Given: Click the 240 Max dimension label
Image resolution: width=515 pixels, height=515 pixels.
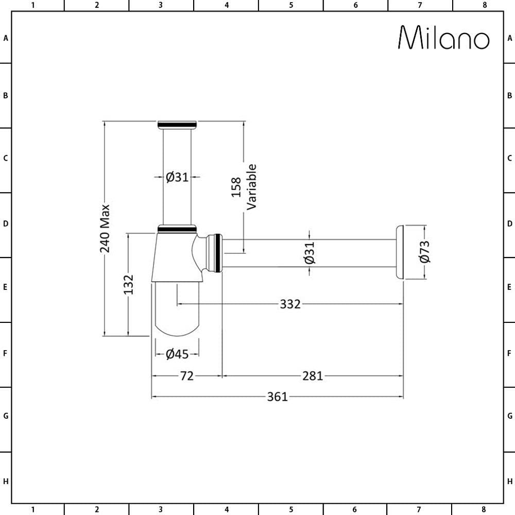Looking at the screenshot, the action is (x=105, y=228).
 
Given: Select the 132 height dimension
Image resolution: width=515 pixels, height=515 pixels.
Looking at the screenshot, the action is (x=128, y=284).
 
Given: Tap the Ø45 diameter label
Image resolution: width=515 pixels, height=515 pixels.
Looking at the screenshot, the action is (x=177, y=354).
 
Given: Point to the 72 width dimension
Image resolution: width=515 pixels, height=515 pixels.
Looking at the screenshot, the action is (x=187, y=376).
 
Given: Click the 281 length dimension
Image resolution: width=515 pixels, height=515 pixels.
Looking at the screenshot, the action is (x=313, y=376).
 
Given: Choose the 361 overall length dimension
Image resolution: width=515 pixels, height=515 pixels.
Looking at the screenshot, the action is (x=277, y=397).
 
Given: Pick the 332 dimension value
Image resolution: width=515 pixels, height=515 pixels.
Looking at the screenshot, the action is (x=290, y=304).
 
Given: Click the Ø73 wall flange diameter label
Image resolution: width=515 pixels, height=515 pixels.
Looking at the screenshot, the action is (x=424, y=252).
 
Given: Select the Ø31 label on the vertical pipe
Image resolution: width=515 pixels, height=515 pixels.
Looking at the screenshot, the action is (x=177, y=177).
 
